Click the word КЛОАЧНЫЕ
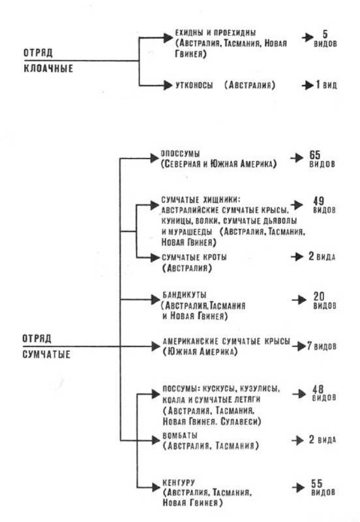click(x=48, y=69)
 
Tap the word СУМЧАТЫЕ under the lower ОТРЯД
click(x=46, y=354)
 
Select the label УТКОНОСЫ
click(x=194, y=85)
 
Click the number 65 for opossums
click(x=315, y=155)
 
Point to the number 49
click(x=318, y=201)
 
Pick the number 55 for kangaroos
click(x=317, y=483)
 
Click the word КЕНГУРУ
click(x=179, y=482)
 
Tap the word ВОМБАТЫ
click(x=180, y=435)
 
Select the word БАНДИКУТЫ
click(x=185, y=295)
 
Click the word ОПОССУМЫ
click(x=181, y=154)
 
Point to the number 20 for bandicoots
click(x=319, y=296)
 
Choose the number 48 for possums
click(x=318, y=389)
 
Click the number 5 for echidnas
click(x=325, y=34)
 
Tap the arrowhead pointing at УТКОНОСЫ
click(x=168, y=85)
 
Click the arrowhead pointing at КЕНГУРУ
click(x=156, y=487)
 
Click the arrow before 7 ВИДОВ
click(x=299, y=346)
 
